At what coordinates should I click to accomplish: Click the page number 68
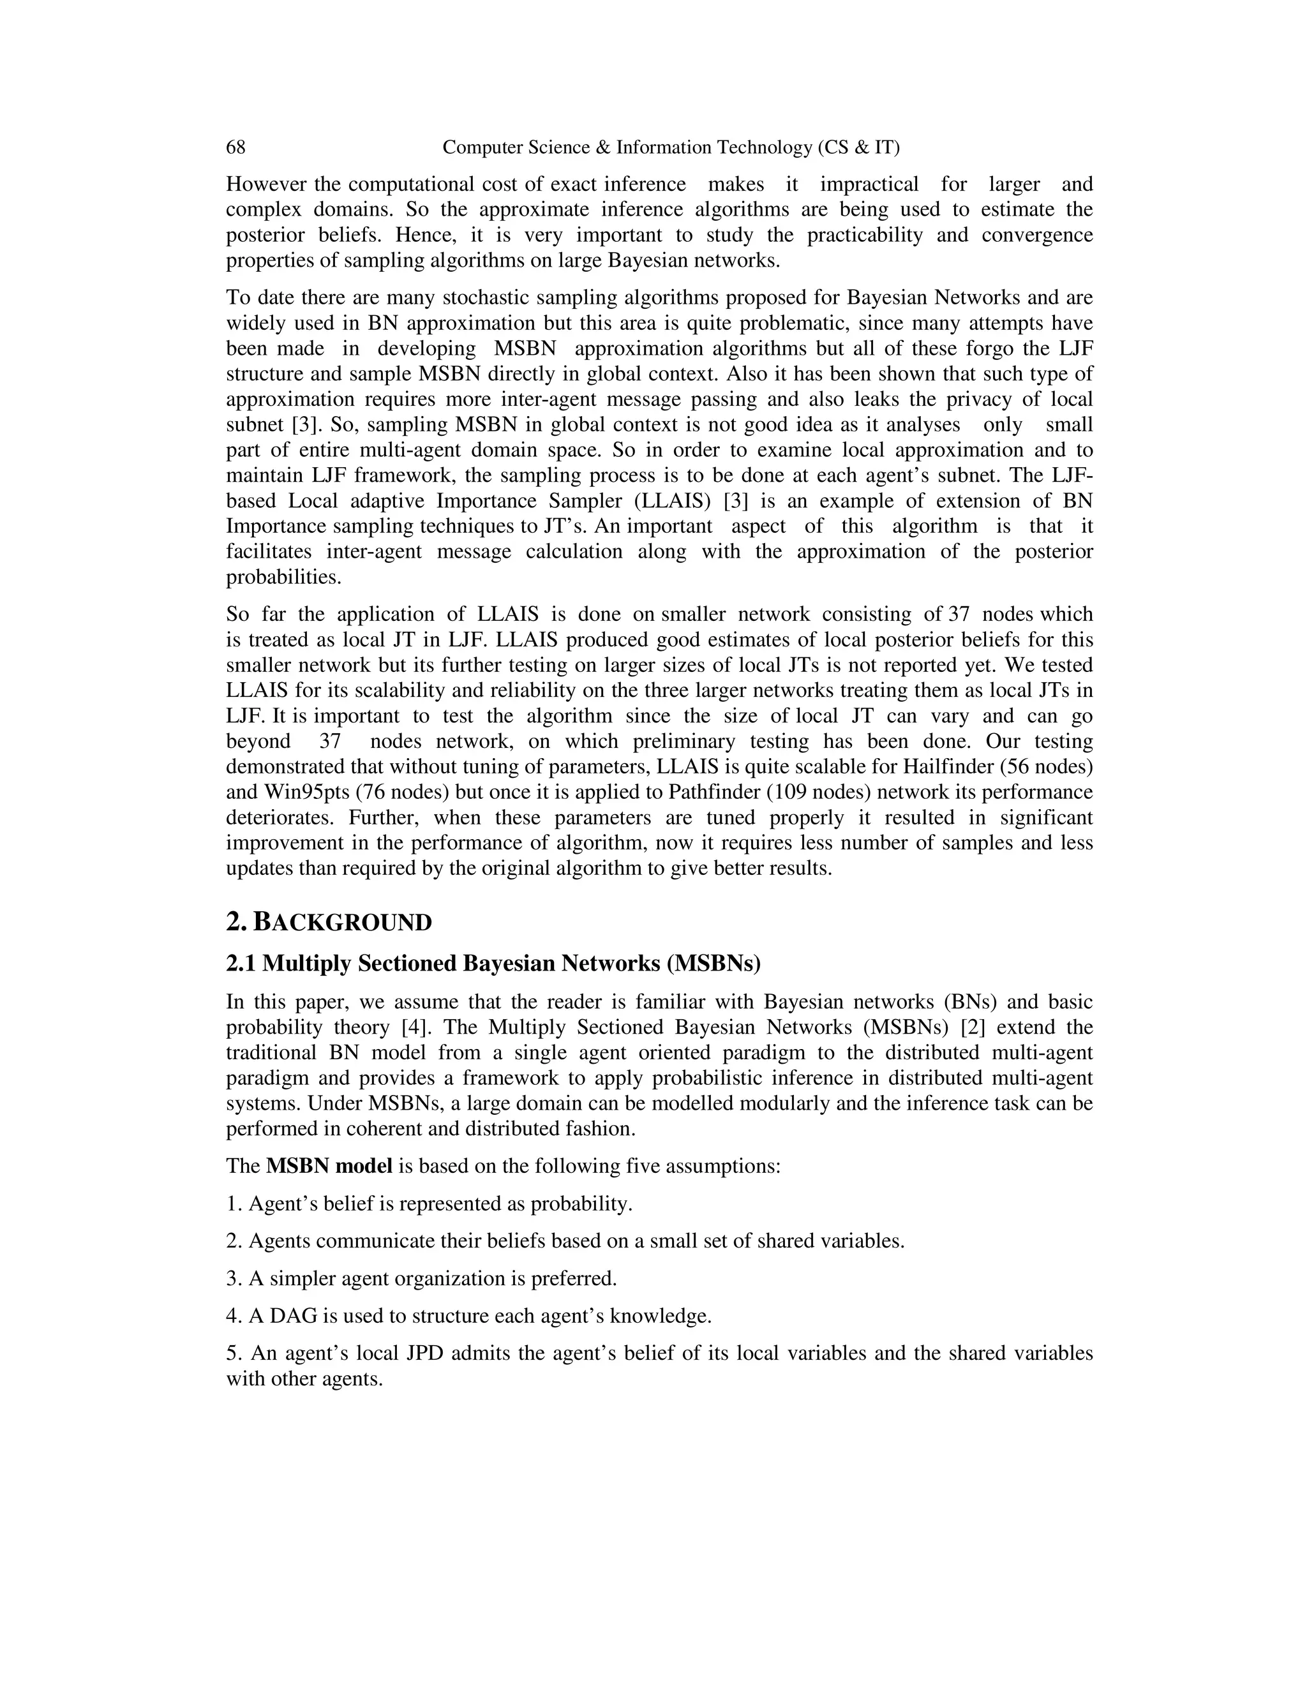[x=235, y=147]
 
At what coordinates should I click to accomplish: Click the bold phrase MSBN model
[x=329, y=1166]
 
